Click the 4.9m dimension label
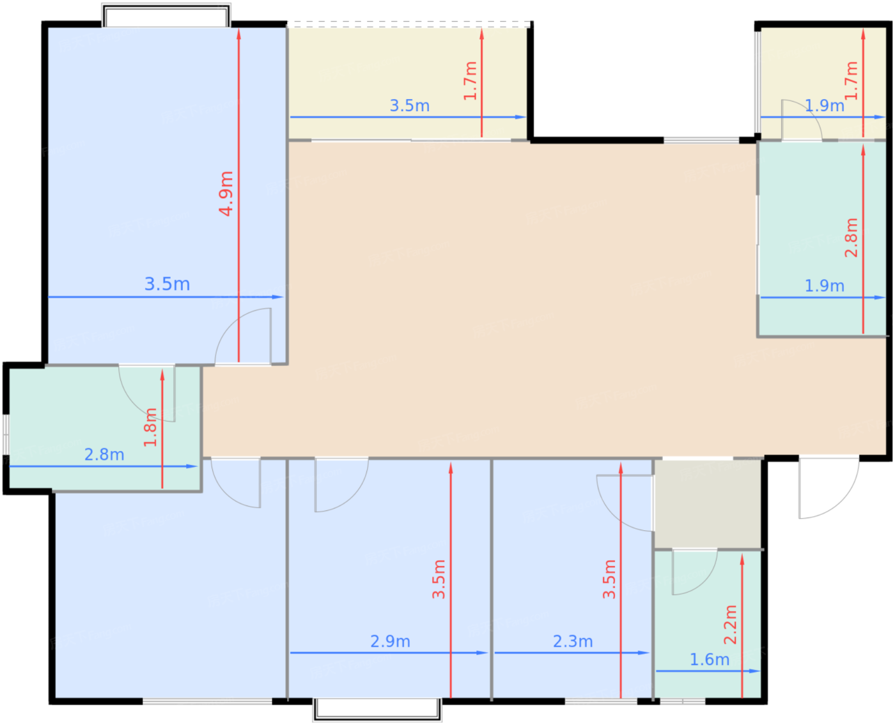[226, 194]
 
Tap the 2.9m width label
[390, 641]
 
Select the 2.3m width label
[573, 641]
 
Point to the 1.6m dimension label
[709, 659]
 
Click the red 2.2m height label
[730, 625]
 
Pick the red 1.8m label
[150, 427]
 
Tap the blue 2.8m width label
[104, 454]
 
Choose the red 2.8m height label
[851, 238]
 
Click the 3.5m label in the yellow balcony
[410, 105]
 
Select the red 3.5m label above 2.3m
[609, 579]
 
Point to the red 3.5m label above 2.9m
[439, 579]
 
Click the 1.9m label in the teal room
[824, 286]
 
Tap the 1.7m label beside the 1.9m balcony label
[851, 80]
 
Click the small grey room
[708, 504]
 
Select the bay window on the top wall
[166, 15]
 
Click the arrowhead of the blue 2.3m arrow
[644, 653]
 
